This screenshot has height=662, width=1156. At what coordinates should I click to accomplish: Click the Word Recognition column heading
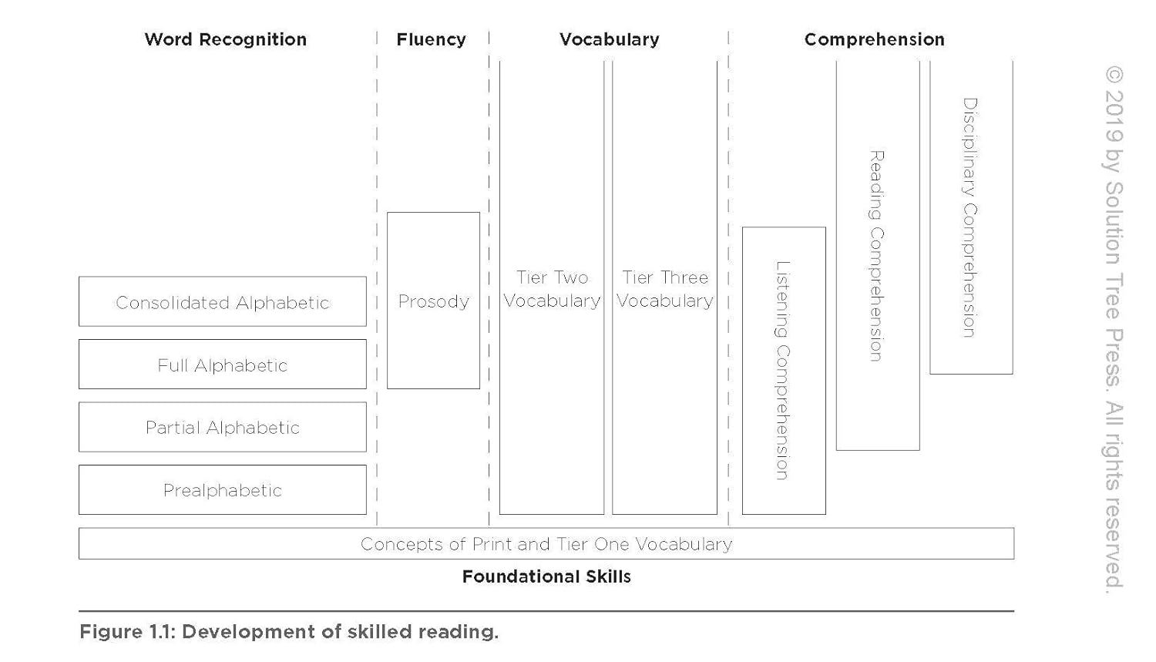pos(225,39)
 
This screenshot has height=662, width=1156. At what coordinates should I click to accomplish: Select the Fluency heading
pos(431,39)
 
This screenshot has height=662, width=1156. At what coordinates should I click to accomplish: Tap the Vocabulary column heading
pos(609,39)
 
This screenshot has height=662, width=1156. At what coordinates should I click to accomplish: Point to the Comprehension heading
pos(874,39)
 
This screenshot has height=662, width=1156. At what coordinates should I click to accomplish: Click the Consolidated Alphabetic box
pos(222,302)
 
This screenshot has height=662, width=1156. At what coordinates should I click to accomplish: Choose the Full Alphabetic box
pos(222,365)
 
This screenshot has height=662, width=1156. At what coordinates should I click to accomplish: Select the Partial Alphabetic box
pos(222,427)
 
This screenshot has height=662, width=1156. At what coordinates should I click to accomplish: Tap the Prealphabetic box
pos(222,490)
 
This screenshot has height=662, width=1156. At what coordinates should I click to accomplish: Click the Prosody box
pos(433,301)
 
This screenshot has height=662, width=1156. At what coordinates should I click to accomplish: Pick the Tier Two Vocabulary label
pos(552,289)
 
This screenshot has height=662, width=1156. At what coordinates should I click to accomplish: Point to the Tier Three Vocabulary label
pos(664,289)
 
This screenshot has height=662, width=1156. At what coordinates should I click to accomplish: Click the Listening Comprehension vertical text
pos(783,370)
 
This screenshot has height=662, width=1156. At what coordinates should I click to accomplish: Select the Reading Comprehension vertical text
pos(877,256)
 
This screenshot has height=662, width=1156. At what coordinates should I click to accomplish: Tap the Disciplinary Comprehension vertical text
pos(970,217)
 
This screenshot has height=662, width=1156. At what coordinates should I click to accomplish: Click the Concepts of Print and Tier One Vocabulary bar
pos(546,544)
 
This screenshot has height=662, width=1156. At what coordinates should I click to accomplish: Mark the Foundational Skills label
pos(546,576)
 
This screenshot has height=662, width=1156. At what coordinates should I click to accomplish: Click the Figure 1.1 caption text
pos(289,632)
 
